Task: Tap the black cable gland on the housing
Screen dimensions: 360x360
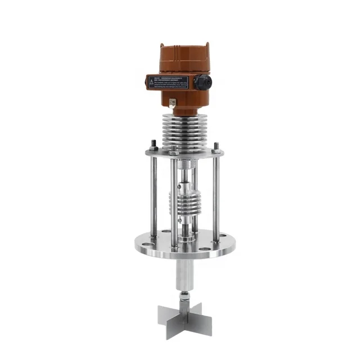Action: (203, 83)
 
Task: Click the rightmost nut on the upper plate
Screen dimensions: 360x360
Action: (216, 147)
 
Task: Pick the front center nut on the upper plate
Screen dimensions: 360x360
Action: (174, 152)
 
